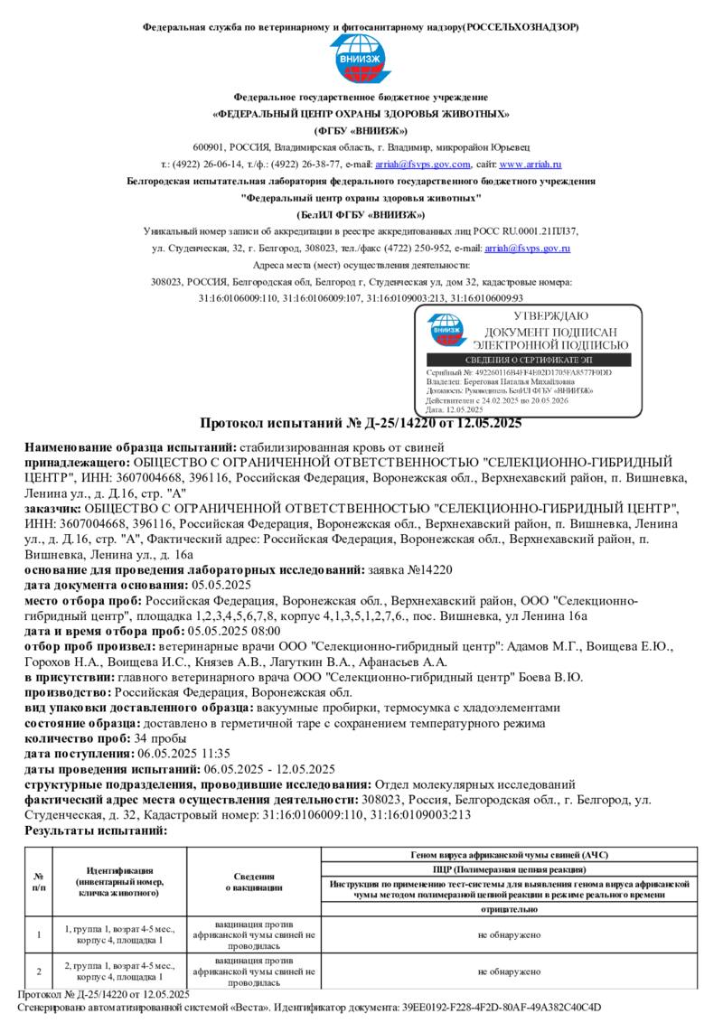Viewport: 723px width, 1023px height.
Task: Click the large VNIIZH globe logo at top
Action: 361,59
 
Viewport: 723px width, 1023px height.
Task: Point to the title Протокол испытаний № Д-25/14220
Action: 361,423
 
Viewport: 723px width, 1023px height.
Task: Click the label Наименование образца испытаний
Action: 129,447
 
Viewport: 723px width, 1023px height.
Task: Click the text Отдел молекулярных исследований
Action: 474,784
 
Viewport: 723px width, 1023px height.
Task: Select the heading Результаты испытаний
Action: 97,831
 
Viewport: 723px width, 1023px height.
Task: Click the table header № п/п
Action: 39,881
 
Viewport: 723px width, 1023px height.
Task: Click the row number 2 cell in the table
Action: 39,971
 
